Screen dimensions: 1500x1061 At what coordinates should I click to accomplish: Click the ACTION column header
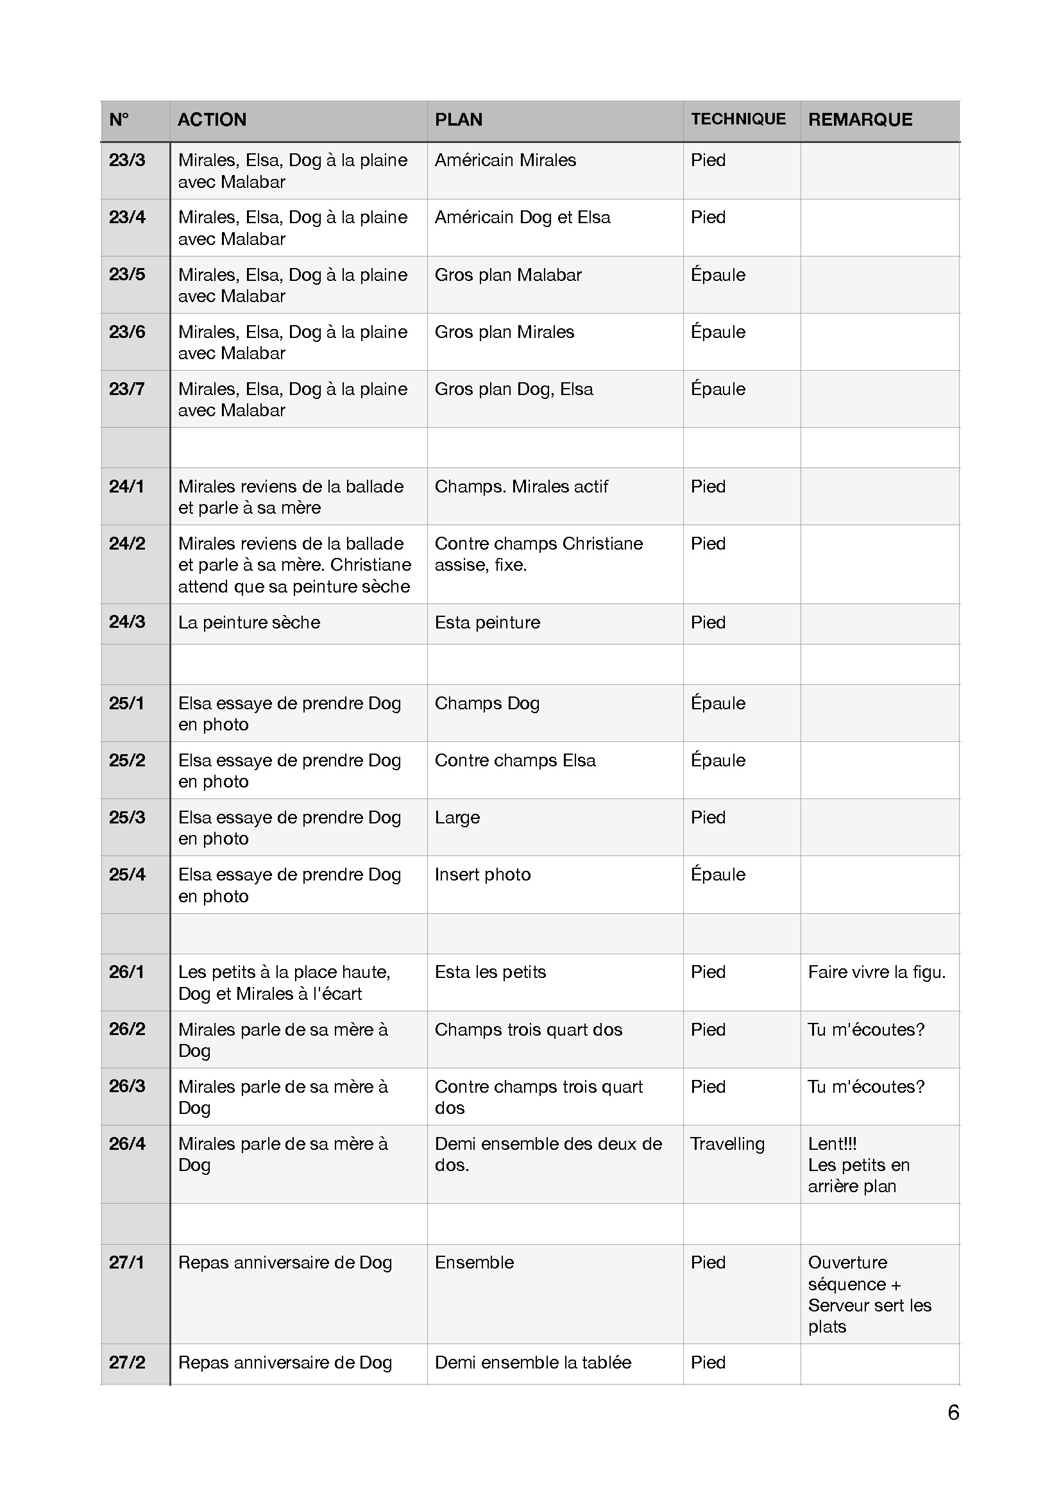pyautogui.click(x=212, y=119)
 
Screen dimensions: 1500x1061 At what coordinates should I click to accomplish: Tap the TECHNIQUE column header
pyautogui.click(x=738, y=119)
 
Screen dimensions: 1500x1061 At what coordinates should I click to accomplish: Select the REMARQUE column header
pyautogui.click(x=860, y=119)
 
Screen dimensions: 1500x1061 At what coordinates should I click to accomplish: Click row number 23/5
pyautogui.click(x=128, y=274)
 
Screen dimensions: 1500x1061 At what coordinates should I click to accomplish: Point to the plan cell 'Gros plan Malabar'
pyautogui.click(x=507, y=275)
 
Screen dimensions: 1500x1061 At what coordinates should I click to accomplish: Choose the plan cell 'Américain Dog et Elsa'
pyautogui.click(x=522, y=217)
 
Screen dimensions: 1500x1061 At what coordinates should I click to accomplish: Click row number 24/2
pyautogui.click(x=128, y=544)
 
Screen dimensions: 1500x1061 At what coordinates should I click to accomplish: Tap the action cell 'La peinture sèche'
pyautogui.click(x=249, y=623)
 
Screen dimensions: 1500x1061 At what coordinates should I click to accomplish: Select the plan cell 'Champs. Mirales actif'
pyautogui.click(x=521, y=487)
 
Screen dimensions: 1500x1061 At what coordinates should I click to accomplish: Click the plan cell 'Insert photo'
pyautogui.click(x=482, y=875)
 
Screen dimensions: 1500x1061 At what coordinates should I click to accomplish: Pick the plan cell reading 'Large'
pyautogui.click(x=457, y=818)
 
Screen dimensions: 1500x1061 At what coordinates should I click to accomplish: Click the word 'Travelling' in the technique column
pyautogui.click(x=727, y=1144)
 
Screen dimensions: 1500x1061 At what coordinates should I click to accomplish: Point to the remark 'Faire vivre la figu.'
pyautogui.click(x=877, y=972)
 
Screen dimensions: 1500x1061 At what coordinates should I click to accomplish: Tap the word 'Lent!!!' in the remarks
pyautogui.click(x=833, y=1144)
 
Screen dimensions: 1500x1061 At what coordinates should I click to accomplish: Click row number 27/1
pyautogui.click(x=126, y=1263)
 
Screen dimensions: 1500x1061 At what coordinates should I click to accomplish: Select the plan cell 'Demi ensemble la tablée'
pyautogui.click(x=532, y=1363)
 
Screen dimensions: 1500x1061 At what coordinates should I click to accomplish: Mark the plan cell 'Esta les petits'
pyautogui.click(x=490, y=972)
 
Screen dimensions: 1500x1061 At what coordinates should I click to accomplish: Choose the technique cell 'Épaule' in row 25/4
pyautogui.click(x=718, y=875)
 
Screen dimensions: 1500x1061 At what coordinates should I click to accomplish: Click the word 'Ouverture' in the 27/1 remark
pyautogui.click(x=847, y=1263)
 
